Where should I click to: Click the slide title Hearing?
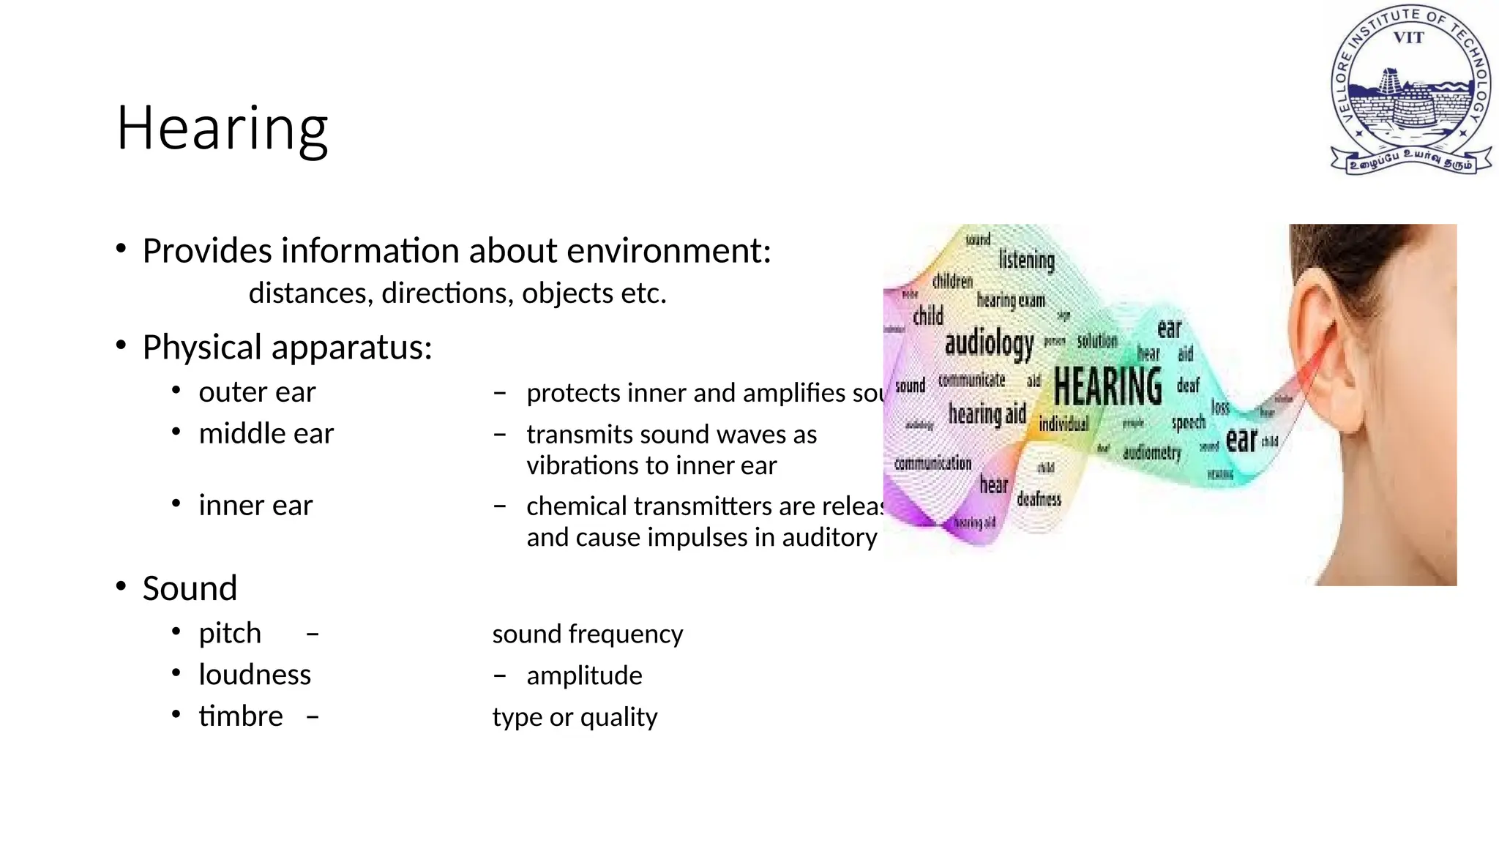click(x=222, y=129)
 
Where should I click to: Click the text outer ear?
click(x=257, y=392)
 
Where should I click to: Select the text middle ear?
click(x=266, y=434)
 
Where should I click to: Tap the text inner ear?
click(x=255, y=506)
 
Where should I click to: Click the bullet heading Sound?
click(x=190, y=588)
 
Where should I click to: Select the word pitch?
click(x=230, y=633)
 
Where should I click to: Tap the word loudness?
click(x=255, y=675)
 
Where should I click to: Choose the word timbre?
click(x=241, y=716)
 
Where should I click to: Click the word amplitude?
click(x=584, y=675)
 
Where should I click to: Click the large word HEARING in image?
click(x=1107, y=386)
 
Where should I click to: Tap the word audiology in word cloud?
click(x=989, y=342)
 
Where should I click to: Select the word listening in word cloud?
click(x=1026, y=260)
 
